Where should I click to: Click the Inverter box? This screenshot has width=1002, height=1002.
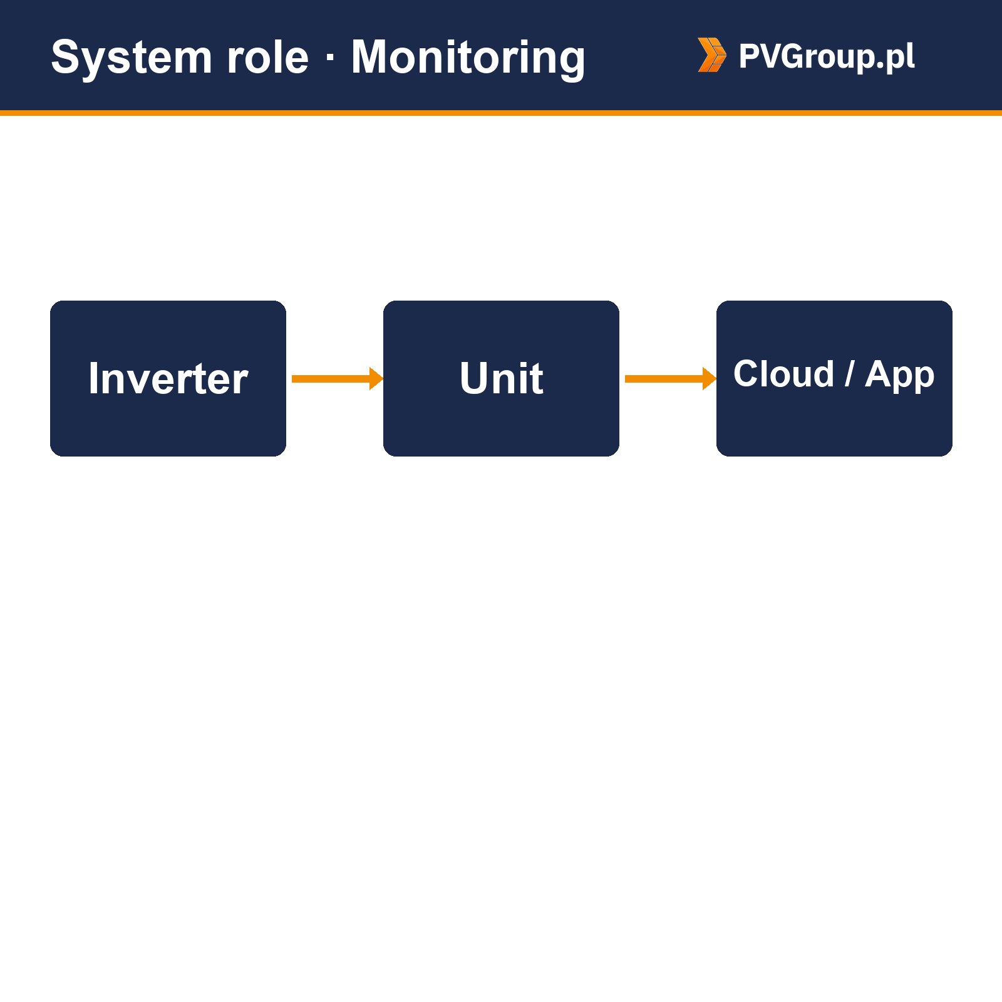point(168,378)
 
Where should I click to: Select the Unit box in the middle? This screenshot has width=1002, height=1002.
point(501,378)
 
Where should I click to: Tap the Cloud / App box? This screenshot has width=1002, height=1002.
point(834,378)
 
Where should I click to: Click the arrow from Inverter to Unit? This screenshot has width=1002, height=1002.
point(337,378)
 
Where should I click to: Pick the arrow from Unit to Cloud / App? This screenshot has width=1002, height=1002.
point(670,378)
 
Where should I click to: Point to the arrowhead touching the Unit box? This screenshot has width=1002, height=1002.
point(376,378)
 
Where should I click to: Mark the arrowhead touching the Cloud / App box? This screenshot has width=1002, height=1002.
point(710,378)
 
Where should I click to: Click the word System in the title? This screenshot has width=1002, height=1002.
point(132,58)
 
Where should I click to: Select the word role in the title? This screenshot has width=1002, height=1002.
point(268,58)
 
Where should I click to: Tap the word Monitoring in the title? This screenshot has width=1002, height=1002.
point(468,58)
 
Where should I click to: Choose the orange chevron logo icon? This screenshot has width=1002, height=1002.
point(712,55)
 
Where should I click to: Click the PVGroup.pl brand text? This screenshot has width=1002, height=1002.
point(827,56)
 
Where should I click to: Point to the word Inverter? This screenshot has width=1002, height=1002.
point(168,378)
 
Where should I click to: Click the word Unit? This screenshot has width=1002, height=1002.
point(501,378)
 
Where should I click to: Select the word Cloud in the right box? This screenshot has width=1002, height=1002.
point(783,374)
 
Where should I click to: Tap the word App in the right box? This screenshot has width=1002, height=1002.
point(899,376)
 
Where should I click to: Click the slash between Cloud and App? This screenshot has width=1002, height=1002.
point(849,374)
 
